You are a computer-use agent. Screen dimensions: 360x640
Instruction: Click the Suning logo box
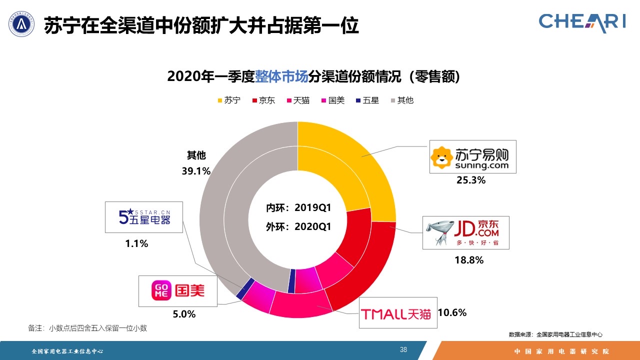point(473,156)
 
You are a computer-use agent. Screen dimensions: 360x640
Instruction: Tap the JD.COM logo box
point(466,232)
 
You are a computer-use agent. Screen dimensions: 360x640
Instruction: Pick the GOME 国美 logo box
point(178,290)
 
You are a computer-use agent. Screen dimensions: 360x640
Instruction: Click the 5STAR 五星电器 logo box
point(144,217)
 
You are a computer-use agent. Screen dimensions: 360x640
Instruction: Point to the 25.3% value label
point(470,180)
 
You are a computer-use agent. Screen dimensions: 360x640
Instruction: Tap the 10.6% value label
point(452,313)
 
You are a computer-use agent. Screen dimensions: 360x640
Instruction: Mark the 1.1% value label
point(136,244)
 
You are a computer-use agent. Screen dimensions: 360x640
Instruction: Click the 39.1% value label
point(196,171)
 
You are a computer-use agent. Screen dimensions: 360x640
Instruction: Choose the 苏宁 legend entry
point(228,100)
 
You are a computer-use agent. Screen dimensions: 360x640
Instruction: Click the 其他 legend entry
point(401,100)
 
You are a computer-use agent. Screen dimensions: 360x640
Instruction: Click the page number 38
point(403,349)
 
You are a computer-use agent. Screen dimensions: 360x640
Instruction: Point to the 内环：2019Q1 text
point(298,207)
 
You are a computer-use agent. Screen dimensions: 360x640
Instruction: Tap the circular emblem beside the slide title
point(21,23)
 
